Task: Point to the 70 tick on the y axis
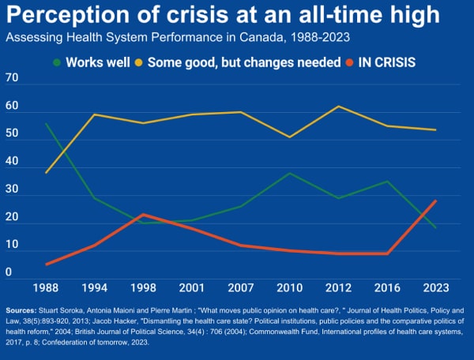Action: point(12,77)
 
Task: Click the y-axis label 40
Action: point(12,161)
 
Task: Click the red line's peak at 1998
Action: point(142,215)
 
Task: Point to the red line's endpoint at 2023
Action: point(435,201)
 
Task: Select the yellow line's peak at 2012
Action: point(339,107)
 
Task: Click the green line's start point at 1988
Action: point(47,123)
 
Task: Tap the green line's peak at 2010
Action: point(291,173)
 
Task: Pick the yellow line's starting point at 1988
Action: point(47,172)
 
